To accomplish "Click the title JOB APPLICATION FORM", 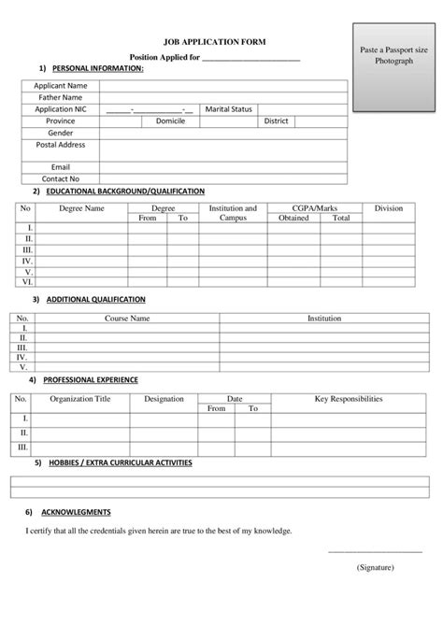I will pyautogui.click(x=215, y=43).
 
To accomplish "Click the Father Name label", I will pyautogui.click(x=60, y=97).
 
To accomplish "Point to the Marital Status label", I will pyautogui.click(x=229, y=109).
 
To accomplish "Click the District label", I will pyautogui.click(x=276, y=121).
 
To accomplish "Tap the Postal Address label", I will pyautogui.click(x=60, y=146).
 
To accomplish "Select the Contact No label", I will pyautogui.click(x=60, y=178).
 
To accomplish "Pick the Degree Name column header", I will pyautogui.click(x=82, y=208).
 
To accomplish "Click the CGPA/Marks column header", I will pyautogui.click(x=317, y=208).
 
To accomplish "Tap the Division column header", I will pyautogui.click(x=389, y=208).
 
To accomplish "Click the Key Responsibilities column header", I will pyautogui.click(x=348, y=399).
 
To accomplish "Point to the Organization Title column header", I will pyautogui.click(x=79, y=399).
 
